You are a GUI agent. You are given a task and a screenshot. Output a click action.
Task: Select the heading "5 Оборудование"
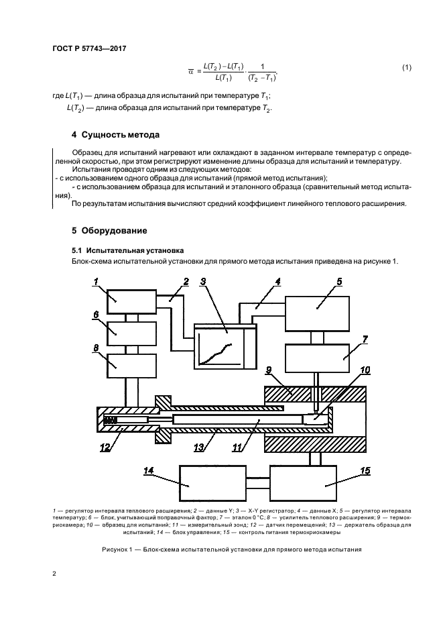coord(109,231)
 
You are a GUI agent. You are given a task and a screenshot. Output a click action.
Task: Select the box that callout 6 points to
coord(131,329)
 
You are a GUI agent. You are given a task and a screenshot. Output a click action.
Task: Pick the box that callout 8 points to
coord(131,365)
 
